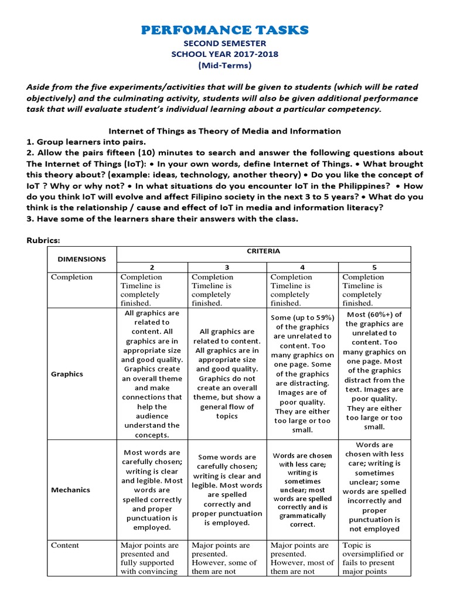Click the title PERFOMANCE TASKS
pyautogui.click(x=225, y=30)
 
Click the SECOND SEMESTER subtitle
pyautogui.click(x=225, y=43)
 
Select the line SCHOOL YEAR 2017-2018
pyautogui.click(x=225, y=54)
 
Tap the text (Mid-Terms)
pyautogui.click(x=225, y=66)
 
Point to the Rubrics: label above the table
pyautogui.click(x=44, y=240)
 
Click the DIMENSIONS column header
pyautogui.click(x=81, y=258)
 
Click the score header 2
pyautogui.click(x=152, y=266)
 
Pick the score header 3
pyautogui.click(x=227, y=266)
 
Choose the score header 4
pyautogui.click(x=302, y=266)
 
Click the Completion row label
pyautogui.click(x=71, y=277)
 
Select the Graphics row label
pyautogui.click(x=67, y=374)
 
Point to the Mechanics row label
pyautogui.click(x=70, y=490)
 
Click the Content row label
pyautogui.click(x=65, y=546)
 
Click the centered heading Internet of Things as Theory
pyautogui.click(x=225, y=131)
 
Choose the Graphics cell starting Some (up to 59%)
pyautogui.click(x=302, y=374)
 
